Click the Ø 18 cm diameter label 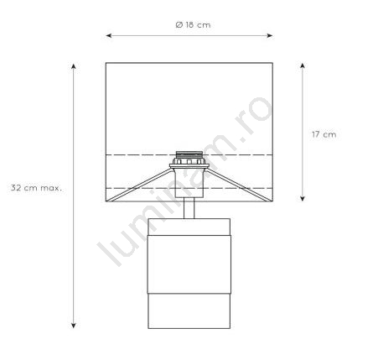click(193, 25)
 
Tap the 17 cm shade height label click(324, 134)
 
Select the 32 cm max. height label click(36, 188)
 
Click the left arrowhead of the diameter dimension click(109, 35)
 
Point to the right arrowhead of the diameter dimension click(270, 35)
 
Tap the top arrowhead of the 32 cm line click(73, 66)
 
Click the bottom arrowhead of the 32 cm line click(73, 325)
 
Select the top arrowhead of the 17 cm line click(303, 66)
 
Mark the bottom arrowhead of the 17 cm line click(303, 198)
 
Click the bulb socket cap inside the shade click(189, 154)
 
